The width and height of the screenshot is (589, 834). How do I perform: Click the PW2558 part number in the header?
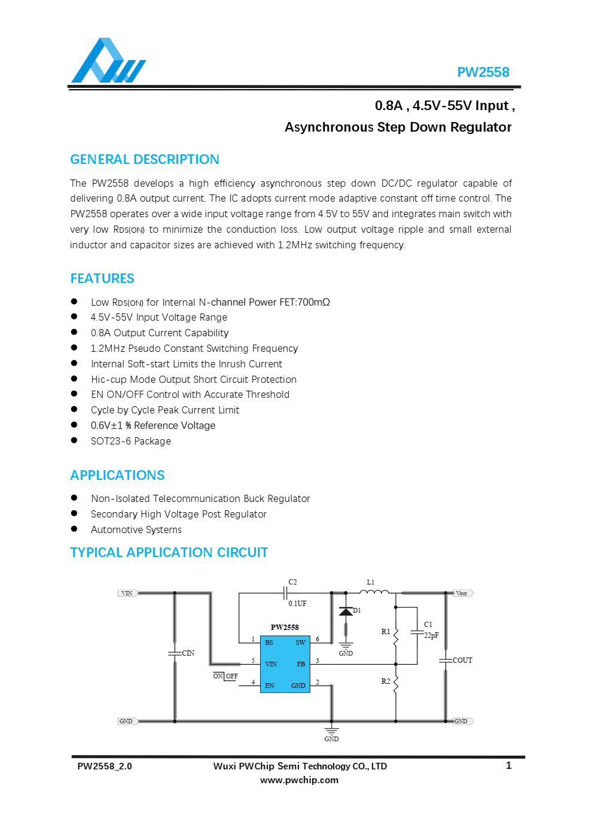coord(483,72)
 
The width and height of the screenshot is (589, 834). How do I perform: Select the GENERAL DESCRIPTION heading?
coord(145,160)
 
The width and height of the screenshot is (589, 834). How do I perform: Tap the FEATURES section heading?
coord(102,279)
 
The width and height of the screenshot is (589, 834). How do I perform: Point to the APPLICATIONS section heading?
coord(117,476)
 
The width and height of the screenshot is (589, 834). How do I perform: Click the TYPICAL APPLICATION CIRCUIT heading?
coord(169,553)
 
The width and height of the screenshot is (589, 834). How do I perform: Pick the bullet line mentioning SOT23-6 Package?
coord(131,442)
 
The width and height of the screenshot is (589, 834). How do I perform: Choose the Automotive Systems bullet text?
coord(136,530)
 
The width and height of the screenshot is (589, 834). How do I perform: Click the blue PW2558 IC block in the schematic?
coord(285,664)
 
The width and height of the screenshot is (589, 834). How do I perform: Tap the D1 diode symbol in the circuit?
coord(346,611)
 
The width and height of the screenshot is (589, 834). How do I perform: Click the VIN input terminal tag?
coord(127,593)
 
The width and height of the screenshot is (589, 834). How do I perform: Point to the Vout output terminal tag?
coord(462,593)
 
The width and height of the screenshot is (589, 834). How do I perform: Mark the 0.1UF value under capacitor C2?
coord(297,604)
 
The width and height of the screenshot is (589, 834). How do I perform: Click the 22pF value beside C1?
coord(431,635)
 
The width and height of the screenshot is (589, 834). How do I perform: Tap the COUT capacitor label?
coord(462,660)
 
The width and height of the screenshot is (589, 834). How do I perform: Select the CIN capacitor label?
coord(188,653)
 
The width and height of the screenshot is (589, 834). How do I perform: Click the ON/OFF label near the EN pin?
coord(225,676)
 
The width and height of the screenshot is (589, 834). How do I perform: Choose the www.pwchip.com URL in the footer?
coord(299,780)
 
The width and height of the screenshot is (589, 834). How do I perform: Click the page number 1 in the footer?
coord(509,766)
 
